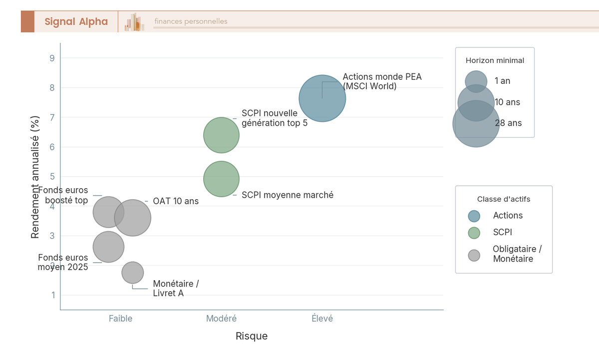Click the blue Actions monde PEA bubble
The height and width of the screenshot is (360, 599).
pyautogui.click(x=322, y=98)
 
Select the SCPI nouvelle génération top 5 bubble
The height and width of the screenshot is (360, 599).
pyautogui.click(x=222, y=135)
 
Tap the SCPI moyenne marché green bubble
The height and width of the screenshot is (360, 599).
pyautogui.click(x=222, y=179)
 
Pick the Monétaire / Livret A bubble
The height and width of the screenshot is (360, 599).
pyautogui.click(x=133, y=273)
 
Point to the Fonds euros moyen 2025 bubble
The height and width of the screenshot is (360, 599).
pyautogui.click(x=109, y=247)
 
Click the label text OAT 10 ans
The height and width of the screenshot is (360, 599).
pyautogui.click(x=176, y=201)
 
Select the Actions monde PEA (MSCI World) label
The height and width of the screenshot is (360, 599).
pyautogui.click(x=382, y=81)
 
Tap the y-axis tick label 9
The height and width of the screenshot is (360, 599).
pyautogui.click(x=52, y=58)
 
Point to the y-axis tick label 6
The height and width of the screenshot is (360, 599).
pyautogui.click(x=52, y=147)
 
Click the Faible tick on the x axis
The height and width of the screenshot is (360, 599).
pyautogui.click(x=121, y=318)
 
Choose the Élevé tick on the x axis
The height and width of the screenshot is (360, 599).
pyautogui.click(x=322, y=318)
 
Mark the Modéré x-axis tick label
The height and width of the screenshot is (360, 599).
pyautogui.click(x=222, y=318)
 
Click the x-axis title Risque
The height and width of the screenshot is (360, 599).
pyautogui.click(x=252, y=336)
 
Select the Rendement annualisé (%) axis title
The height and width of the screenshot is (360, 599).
pyautogui.click(x=35, y=177)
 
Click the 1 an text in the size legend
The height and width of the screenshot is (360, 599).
pyautogui.click(x=503, y=81)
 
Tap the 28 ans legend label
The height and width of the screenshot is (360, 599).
pyautogui.click(x=508, y=123)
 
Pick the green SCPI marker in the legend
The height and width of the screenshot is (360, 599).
pyautogui.click(x=474, y=233)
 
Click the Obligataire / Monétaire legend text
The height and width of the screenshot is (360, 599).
pyautogui.click(x=518, y=254)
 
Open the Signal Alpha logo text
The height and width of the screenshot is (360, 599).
pyautogui.click(x=76, y=21)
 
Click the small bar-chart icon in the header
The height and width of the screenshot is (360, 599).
pyautogui.click(x=134, y=22)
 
